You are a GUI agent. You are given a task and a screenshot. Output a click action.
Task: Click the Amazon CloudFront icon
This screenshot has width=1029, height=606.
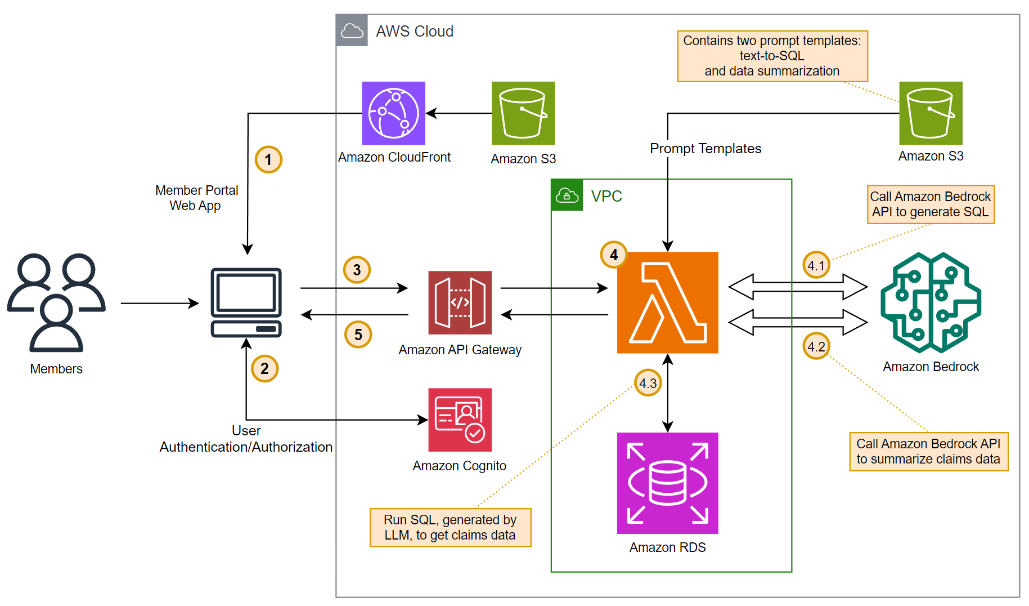click(x=393, y=113)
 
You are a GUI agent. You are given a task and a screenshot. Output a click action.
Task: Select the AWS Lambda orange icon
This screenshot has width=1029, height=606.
click(x=667, y=302)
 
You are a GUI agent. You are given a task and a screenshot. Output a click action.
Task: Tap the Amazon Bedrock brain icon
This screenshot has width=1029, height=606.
click(x=931, y=302)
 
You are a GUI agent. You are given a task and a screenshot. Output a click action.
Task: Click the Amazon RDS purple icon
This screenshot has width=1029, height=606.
click(x=667, y=483)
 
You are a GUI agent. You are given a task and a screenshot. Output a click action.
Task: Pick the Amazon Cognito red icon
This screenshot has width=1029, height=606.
click(x=460, y=420)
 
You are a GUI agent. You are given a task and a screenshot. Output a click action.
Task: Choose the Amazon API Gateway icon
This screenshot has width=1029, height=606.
click(x=460, y=302)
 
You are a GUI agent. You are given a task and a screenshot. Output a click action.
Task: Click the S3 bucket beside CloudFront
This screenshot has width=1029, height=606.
click(x=523, y=113)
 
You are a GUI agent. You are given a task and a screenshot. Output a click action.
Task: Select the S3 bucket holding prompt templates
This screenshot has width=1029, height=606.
click(x=931, y=113)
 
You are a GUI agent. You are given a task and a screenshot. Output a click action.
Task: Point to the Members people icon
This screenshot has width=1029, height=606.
click(x=56, y=302)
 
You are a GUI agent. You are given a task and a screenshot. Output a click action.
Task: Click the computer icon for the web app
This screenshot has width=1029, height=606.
click(x=246, y=302)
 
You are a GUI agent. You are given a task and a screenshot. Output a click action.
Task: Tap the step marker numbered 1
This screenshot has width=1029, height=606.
click(x=268, y=160)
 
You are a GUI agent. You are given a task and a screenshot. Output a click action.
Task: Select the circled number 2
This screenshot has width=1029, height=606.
click(x=264, y=369)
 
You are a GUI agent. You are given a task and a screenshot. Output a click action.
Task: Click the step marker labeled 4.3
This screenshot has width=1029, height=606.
click(x=648, y=383)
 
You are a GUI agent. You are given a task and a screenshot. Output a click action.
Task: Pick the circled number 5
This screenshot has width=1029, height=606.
click(x=358, y=335)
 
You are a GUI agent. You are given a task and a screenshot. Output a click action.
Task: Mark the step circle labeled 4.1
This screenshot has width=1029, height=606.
click(x=816, y=265)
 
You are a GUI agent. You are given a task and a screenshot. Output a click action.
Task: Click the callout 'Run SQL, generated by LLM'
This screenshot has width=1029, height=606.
click(x=450, y=528)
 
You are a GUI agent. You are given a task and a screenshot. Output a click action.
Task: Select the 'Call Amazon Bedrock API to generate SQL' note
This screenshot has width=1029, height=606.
click(x=931, y=204)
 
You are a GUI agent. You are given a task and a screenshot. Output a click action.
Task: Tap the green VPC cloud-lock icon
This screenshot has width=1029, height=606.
click(x=567, y=195)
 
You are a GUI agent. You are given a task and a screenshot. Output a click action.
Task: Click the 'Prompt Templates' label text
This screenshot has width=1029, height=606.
click(x=705, y=149)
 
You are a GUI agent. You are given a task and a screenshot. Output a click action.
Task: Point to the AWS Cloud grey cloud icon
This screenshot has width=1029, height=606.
click(x=352, y=30)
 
